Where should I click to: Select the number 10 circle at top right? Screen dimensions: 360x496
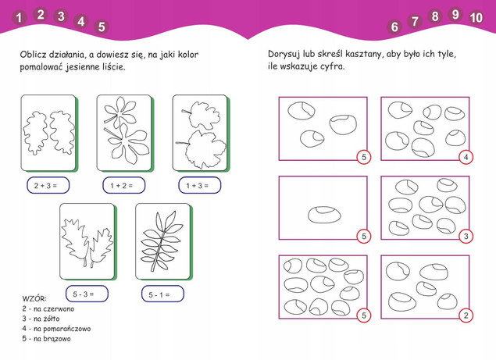[476, 16]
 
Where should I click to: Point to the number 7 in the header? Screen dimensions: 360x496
[415, 22]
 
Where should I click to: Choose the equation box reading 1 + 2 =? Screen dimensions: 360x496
[123, 186]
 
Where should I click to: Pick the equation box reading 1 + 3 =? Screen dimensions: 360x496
[198, 186]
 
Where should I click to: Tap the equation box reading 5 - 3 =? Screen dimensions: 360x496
[84, 294]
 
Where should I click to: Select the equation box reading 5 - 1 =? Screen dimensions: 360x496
[161, 294]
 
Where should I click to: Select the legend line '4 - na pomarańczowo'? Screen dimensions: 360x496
[56, 329]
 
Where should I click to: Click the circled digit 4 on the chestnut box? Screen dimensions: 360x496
[466, 158]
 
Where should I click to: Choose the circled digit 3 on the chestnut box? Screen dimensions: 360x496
[466, 237]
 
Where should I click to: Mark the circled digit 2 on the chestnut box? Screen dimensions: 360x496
[466, 315]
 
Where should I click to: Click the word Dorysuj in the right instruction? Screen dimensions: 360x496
[286, 54]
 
